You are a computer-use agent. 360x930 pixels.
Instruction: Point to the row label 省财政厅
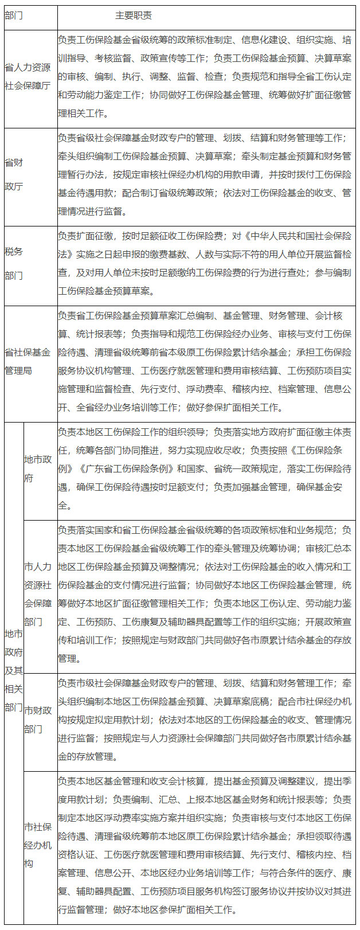point(14,174)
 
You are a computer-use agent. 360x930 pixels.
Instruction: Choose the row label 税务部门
point(14,263)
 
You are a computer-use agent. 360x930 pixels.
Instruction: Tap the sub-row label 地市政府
point(38,468)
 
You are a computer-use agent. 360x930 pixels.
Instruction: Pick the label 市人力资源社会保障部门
point(38,594)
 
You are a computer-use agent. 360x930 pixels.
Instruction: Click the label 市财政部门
point(38,719)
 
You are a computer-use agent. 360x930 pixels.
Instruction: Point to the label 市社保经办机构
point(38,845)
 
